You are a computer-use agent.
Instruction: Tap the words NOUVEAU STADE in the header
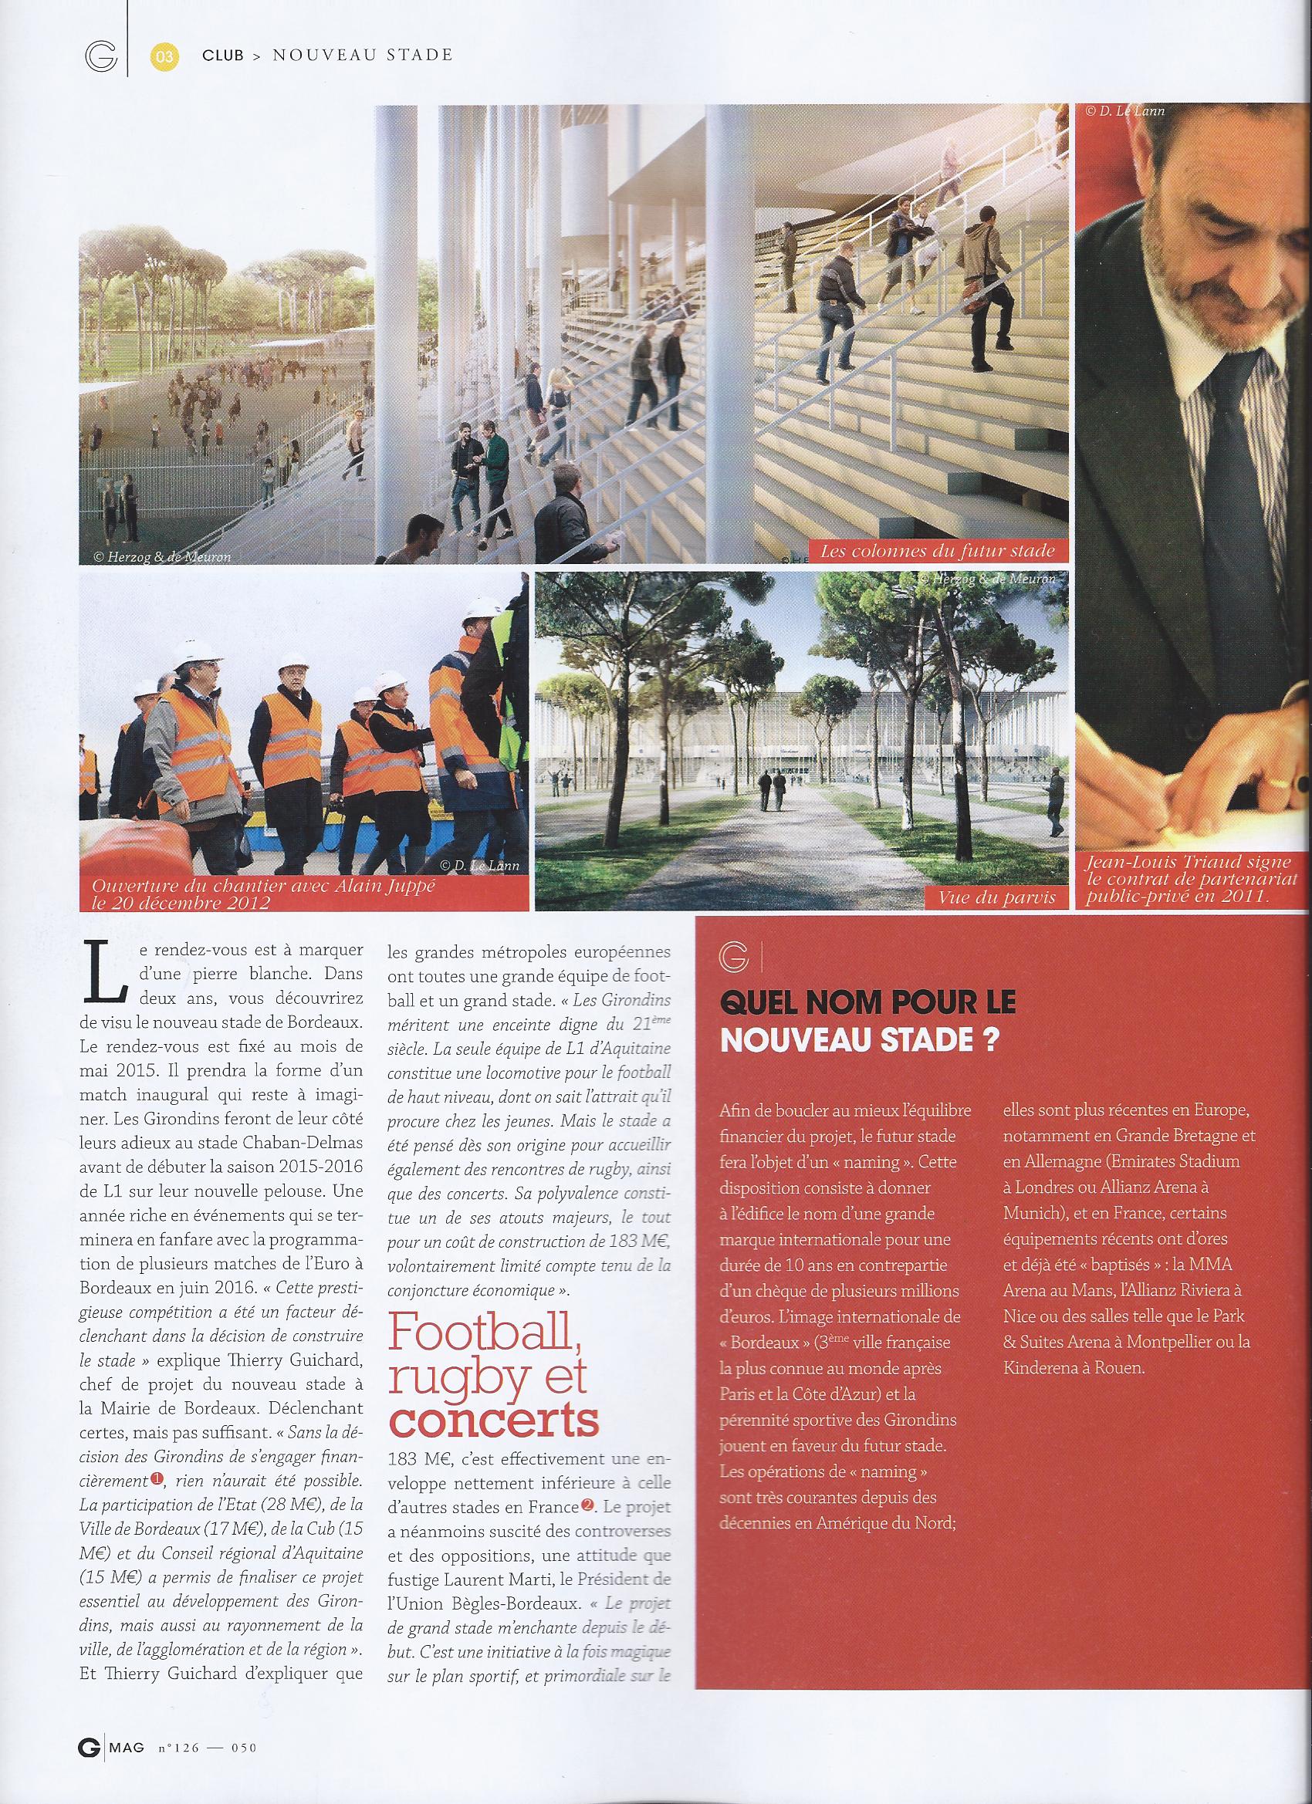point(363,55)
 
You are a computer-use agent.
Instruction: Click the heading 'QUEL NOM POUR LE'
point(867,1004)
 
